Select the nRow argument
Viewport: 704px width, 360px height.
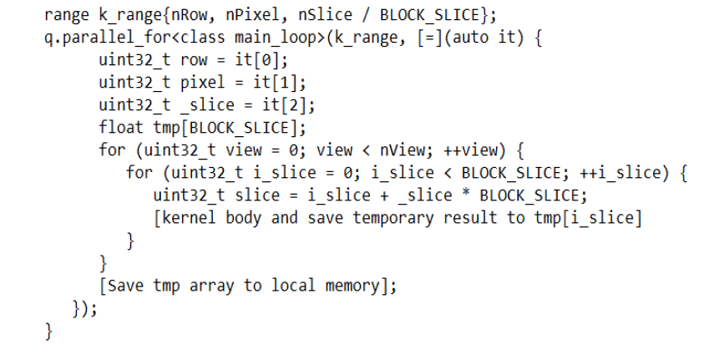point(191,15)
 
